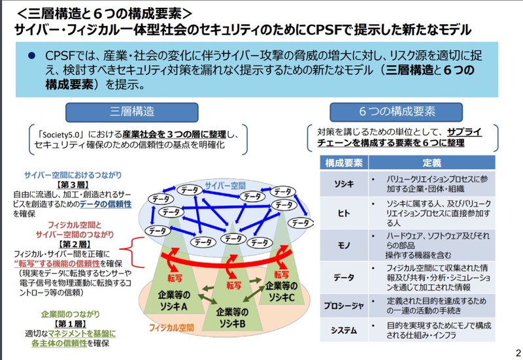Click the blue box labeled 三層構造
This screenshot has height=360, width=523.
pyautogui.click(x=132, y=112)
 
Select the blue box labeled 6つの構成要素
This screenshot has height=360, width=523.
pyautogui.click(x=396, y=112)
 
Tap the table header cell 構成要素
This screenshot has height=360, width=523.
pyautogui.click(x=344, y=163)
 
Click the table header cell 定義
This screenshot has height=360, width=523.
pyautogui.click(x=431, y=163)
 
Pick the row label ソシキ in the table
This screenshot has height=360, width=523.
pyautogui.click(x=344, y=184)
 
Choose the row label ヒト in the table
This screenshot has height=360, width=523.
pyautogui.click(x=344, y=213)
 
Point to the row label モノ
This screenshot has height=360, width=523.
pyautogui.click(x=344, y=245)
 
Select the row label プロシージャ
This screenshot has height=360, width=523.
pyautogui.click(x=344, y=306)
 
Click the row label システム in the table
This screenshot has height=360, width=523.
pyautogui.click(x=344, y=330)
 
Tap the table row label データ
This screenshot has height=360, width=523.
pyautogui.click(x=344, y=277)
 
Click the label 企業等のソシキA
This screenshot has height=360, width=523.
pyautogui.click(x=174, y=301)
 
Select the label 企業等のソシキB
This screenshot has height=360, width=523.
pyautogui.click(x=232, y=318)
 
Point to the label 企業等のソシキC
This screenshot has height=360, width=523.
pyautogui.click(x=281, y=291)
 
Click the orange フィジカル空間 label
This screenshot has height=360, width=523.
pyautogui.click(x=171, y=328)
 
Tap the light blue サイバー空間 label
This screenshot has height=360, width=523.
pyautogui.click(x=225, y=186)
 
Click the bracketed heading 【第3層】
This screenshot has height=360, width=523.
pyautogui.click(x=73, y=185)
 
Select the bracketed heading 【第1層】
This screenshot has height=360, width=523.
pyautogui.click(x=71, y=323)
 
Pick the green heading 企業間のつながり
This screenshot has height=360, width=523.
pyautogui.click(x=71, y=314)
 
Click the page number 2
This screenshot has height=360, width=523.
pyautogui.click(x=518, y=353)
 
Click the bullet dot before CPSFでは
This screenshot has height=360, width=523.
pyautogui.click(x=31, y=56)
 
